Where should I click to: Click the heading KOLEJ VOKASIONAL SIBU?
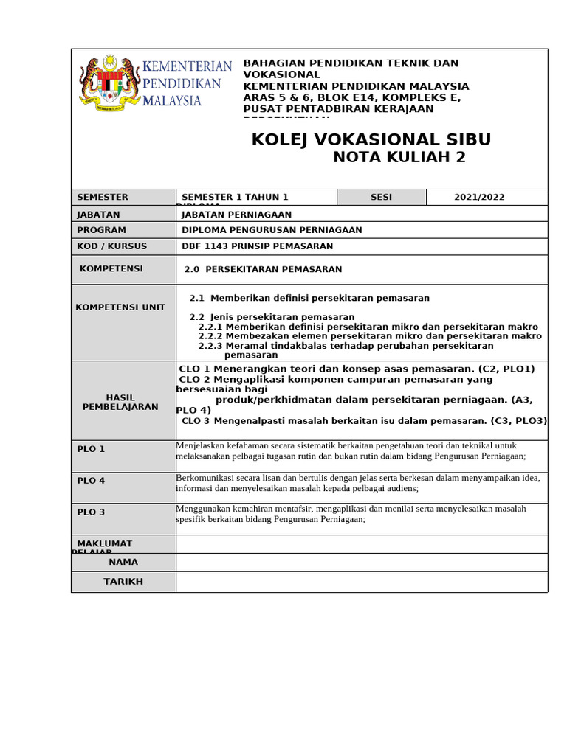pos(371,140)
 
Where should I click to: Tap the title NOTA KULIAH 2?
pos(399,157)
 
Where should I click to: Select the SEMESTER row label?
pos(103,198)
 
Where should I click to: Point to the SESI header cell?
pos(382,198)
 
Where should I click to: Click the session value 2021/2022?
pos(479,198)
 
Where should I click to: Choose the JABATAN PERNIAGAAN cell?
pos(237,215)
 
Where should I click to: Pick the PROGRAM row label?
pos(102,230)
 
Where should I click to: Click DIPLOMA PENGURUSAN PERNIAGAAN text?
pos(272,230)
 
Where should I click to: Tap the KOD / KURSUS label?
pos(112,246)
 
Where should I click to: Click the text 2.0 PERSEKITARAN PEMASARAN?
pos(264,270)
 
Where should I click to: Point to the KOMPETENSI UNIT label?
pos(120,307)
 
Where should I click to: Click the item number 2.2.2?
pos(211,336)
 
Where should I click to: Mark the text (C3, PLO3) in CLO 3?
pos(519,421)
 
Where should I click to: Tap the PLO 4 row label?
pos(92,481)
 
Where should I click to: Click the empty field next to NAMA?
pos(362,562)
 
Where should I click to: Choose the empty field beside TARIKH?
pos(362,582)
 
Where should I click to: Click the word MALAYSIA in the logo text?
pos(173,100)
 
